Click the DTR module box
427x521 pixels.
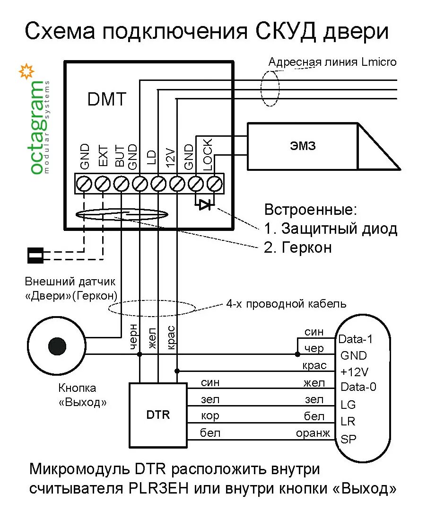tap(158, 415)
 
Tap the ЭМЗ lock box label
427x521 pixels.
tap(303, 146)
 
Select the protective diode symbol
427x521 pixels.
tap(205, 205)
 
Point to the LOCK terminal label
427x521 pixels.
tap(209, 155)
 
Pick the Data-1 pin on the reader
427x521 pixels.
tap(356, 339)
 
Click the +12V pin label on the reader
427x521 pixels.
tap(354, 371)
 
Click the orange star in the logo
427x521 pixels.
tap(26, 71)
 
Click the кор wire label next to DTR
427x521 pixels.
tap(209, 416)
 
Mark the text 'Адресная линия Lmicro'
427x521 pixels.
tap(332, 62)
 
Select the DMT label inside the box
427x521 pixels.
tap(107, 99)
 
